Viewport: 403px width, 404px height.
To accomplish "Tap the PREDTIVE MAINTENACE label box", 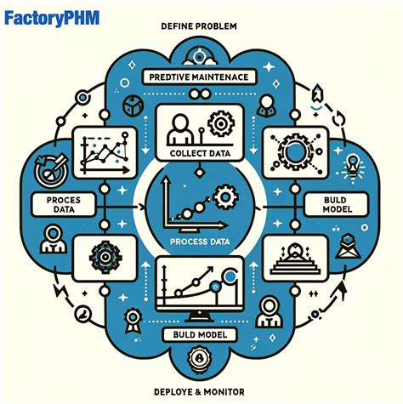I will pos(201,78).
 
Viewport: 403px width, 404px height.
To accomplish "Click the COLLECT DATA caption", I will pos(201,153).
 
